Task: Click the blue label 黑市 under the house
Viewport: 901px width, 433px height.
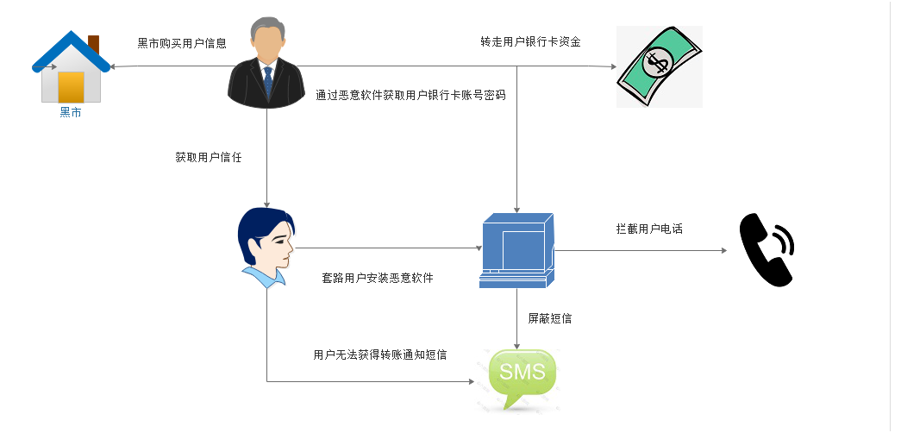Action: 71,113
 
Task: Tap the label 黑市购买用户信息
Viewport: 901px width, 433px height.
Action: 182,43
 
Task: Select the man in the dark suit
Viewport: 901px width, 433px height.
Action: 267,62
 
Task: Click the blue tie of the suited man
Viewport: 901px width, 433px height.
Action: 268,82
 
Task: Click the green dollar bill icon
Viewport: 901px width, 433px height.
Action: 659,66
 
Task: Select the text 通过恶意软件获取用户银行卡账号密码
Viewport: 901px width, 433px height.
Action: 410,96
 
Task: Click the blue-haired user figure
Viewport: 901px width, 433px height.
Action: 266,247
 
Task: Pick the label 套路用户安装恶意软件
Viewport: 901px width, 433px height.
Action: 378,279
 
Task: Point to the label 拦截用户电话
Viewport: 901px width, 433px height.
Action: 643,229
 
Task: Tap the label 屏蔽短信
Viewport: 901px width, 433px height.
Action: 549,318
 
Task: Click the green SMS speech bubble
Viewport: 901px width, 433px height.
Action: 522,376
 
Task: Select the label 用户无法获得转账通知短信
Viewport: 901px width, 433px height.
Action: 380,355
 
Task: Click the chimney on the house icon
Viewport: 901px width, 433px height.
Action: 93,42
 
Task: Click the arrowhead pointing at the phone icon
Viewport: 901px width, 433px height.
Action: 723,251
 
